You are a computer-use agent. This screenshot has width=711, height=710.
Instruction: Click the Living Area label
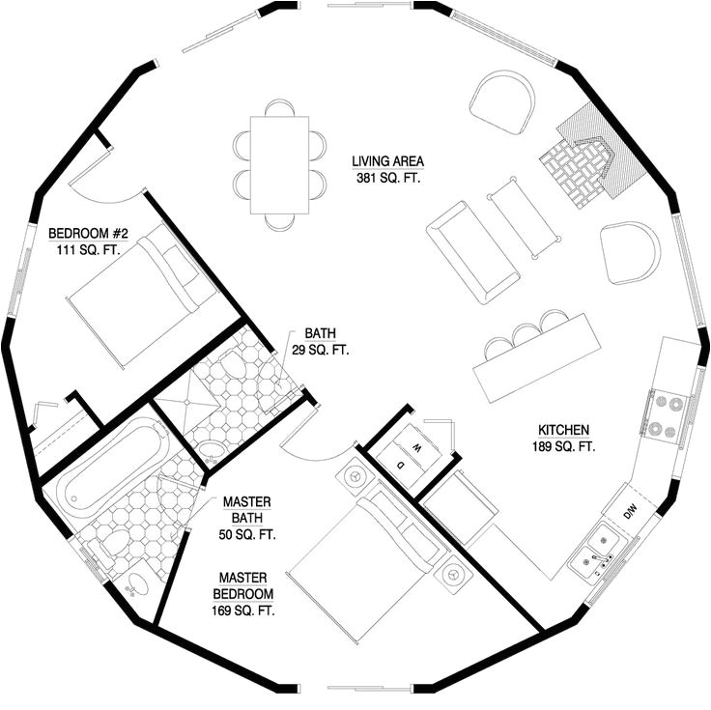(388, 169)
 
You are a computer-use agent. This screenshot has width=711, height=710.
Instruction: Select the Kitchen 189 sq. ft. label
(562, 439)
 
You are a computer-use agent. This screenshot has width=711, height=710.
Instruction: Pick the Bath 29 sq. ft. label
(320, 341)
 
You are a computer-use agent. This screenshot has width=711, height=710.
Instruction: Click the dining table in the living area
(280, 165)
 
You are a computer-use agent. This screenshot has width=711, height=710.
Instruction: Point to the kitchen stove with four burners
(665, 415)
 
